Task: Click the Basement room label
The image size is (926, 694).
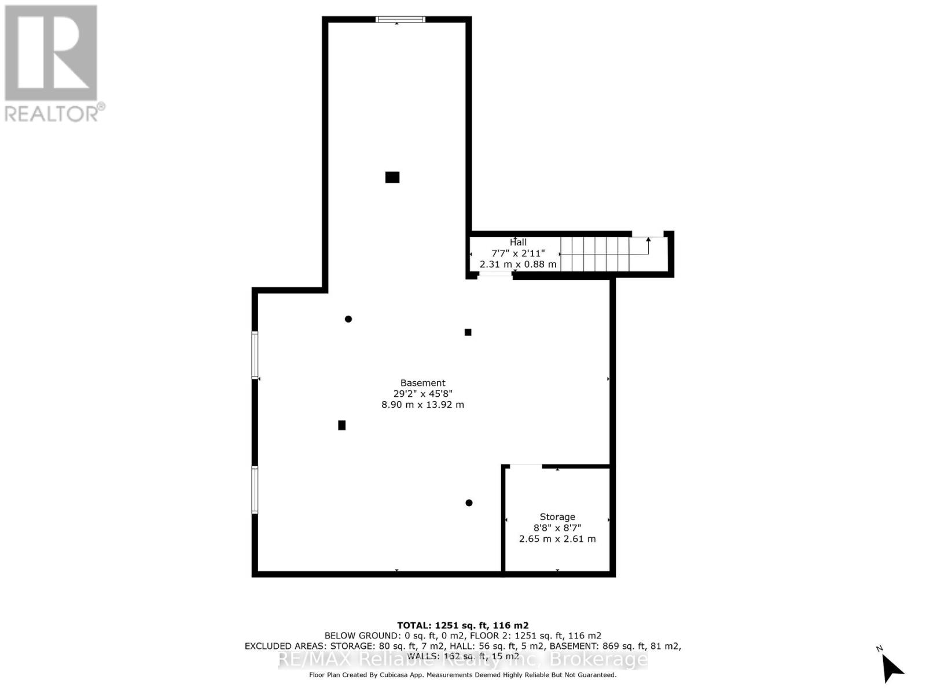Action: pyautogui.click(x=422, y=383)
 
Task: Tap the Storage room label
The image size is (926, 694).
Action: pyautogui.click(x=557, y=516)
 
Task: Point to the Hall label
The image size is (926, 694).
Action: pyautogui.click(x=518, y=242)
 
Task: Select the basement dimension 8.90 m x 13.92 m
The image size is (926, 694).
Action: pyautogui.click(x=422, y=405)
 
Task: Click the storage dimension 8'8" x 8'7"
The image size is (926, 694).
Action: pyautogui.click(x=557, y=527)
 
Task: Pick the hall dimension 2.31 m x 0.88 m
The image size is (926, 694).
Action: pyautogui.click(x=518, y=264)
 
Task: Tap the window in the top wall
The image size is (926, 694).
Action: pyautogui.click(x=400, y=20)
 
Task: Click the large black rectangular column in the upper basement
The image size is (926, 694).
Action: pyautogui.click(x=392, y=177)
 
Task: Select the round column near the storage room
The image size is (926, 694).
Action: pyautogui.click(x=469, y=503)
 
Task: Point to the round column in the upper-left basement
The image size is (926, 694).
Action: pyautogui.click(x=348, y=319)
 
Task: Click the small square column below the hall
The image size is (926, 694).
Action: pyautogui.click(x=468, y=332)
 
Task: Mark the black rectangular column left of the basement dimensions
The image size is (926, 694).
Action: pyautogui.click(x=342, y=425)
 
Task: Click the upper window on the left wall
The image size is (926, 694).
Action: pyautogui.click(x=255, y=355)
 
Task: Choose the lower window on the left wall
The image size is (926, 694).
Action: pyautogui.click(x=255, y=489)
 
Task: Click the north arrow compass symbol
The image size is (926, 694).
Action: pyautogui.click(x=891, y=667)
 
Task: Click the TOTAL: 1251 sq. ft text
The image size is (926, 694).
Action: pyautogui.click(x=462, y=625)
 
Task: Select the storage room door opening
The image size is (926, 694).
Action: pyautogui.click(x=526, y=466)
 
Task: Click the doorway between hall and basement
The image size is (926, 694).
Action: pyautogui.click(x=495, y=276)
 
